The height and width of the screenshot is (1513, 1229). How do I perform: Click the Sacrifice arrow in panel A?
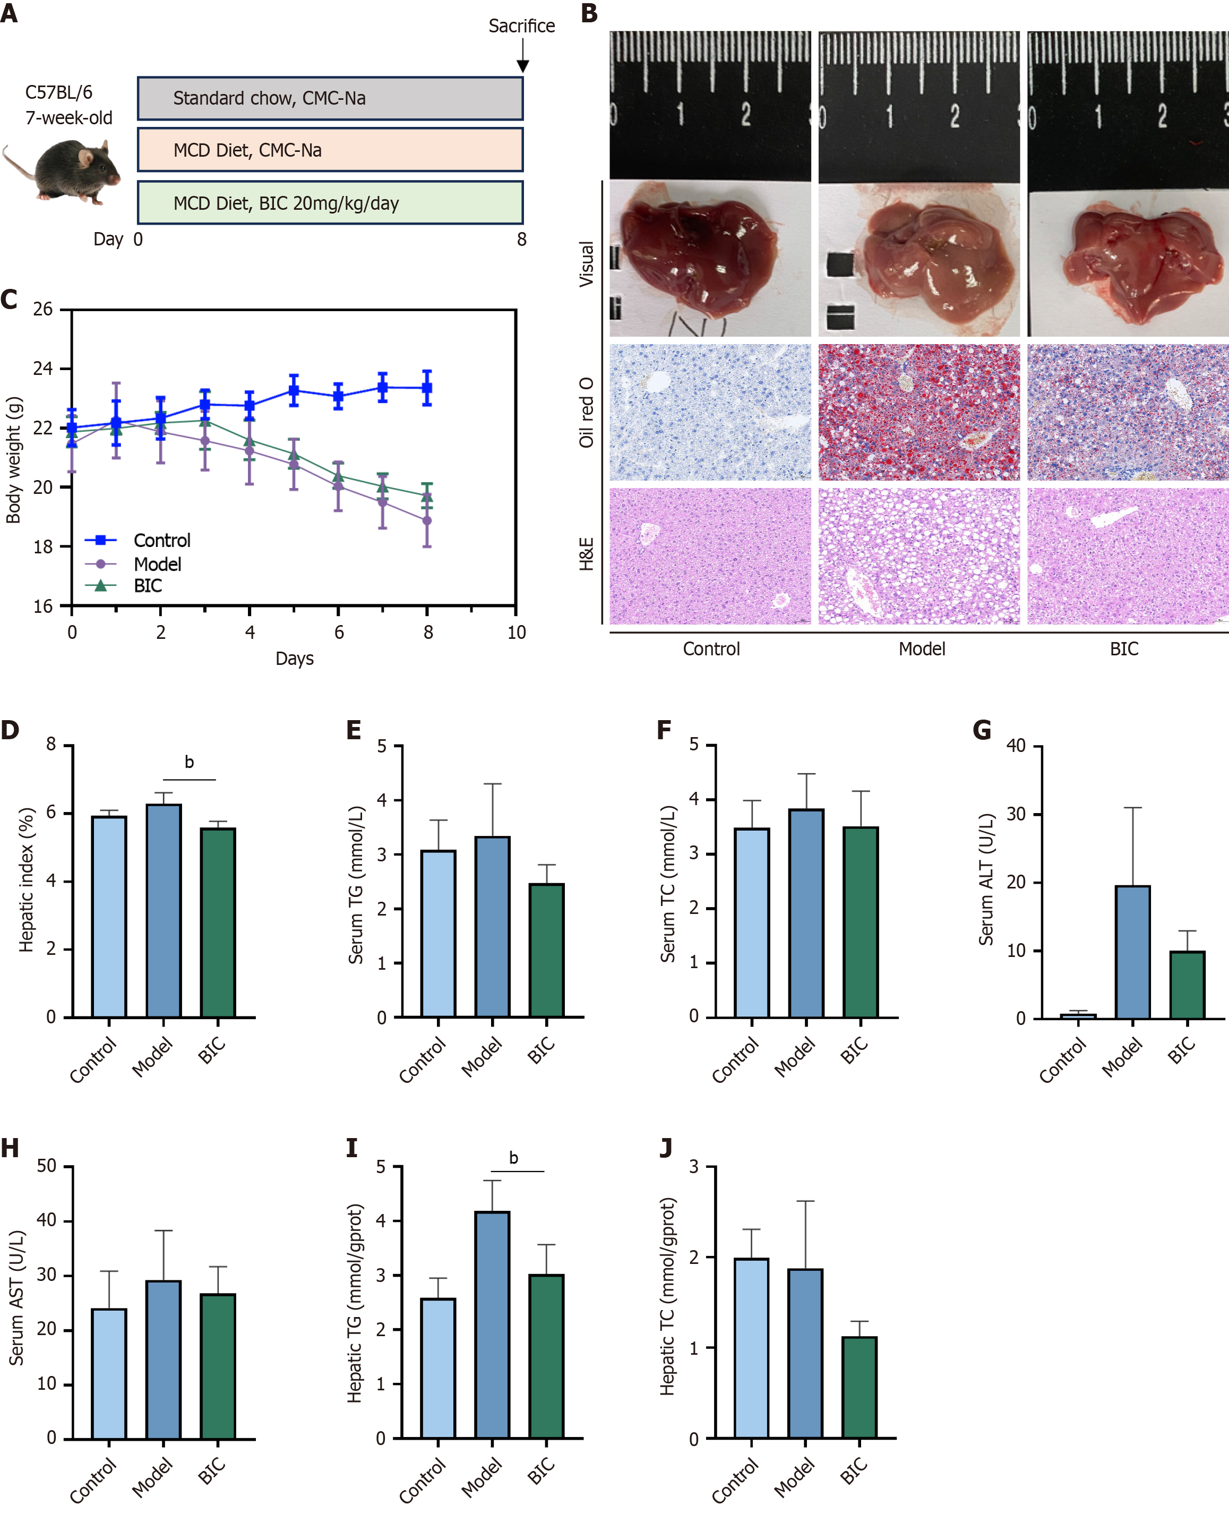pyautogui.click(x=522, y=55)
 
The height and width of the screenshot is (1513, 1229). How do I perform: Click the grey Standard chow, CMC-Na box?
pyautogui.click(x=330, y=98)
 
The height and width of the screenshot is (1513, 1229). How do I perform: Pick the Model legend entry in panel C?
pyautogui.click(x=157, y=565)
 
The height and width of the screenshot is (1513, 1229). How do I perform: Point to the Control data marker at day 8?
pyautogui.click(x=427, y=388)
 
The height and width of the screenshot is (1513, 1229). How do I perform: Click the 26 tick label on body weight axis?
pyautogui.click(x=42, y=310)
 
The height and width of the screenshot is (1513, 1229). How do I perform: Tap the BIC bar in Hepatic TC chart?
pyautogui.click(x=859, y=1387)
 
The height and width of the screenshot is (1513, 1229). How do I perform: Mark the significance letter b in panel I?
pyautogui.click(x=513, y=1158)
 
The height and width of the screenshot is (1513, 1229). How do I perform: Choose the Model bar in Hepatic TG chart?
pyautogui.click(x=492, y=1324)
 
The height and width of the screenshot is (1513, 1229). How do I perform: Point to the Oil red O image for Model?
pyautogui.click(x=918, y=412)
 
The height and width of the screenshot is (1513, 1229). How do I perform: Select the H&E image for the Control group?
pyautogui.click(x=710, y=556)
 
